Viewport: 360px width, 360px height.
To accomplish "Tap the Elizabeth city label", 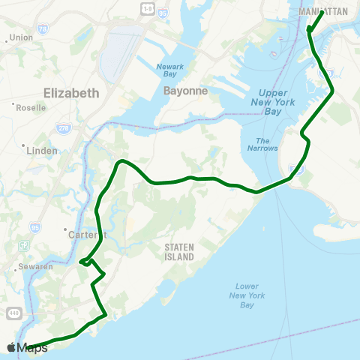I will click(71, 94).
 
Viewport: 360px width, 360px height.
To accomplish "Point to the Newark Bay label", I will click(169, 70).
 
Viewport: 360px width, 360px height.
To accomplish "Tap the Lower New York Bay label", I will click(247, 295).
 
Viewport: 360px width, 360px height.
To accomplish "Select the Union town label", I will click(22, 37).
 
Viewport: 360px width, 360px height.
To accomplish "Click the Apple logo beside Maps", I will click(11, 348).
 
